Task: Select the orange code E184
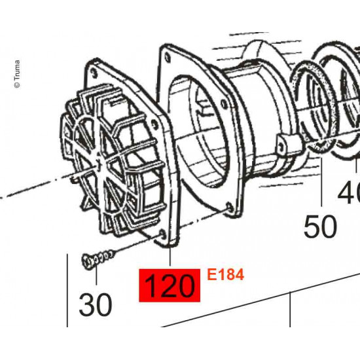(x=225, y=276)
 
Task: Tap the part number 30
(x=96, y=306)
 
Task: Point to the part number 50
(x=321, y=227)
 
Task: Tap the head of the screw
(x=87, y=262)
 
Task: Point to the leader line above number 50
(x=322, y=183)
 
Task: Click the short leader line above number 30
(x=96, y=278)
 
